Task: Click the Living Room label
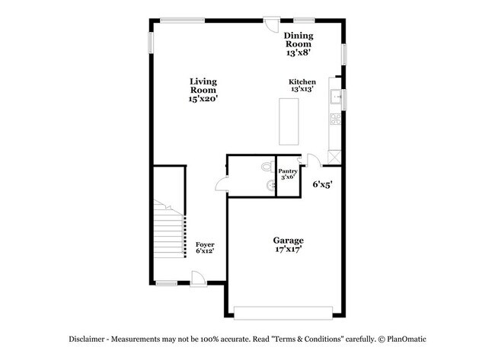(x=203, y=90)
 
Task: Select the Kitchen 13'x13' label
(x=302, y=85)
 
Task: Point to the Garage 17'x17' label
(x=289, y=244)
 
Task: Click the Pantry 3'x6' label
(x=287, y=174)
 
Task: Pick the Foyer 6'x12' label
(x=204, y=247)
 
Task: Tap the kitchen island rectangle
(x=290, y=121)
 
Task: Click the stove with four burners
(x=334, y=118)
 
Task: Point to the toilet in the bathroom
(x=267, y=167)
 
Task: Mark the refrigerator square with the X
(x=334, y=155)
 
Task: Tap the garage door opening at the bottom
(x=283, y=311)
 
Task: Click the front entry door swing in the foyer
(x=197, y=279)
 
